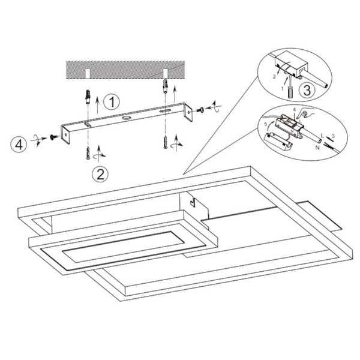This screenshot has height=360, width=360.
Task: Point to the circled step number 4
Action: pos(20,145)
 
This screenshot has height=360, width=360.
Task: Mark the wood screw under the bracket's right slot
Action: pos(164,142)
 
